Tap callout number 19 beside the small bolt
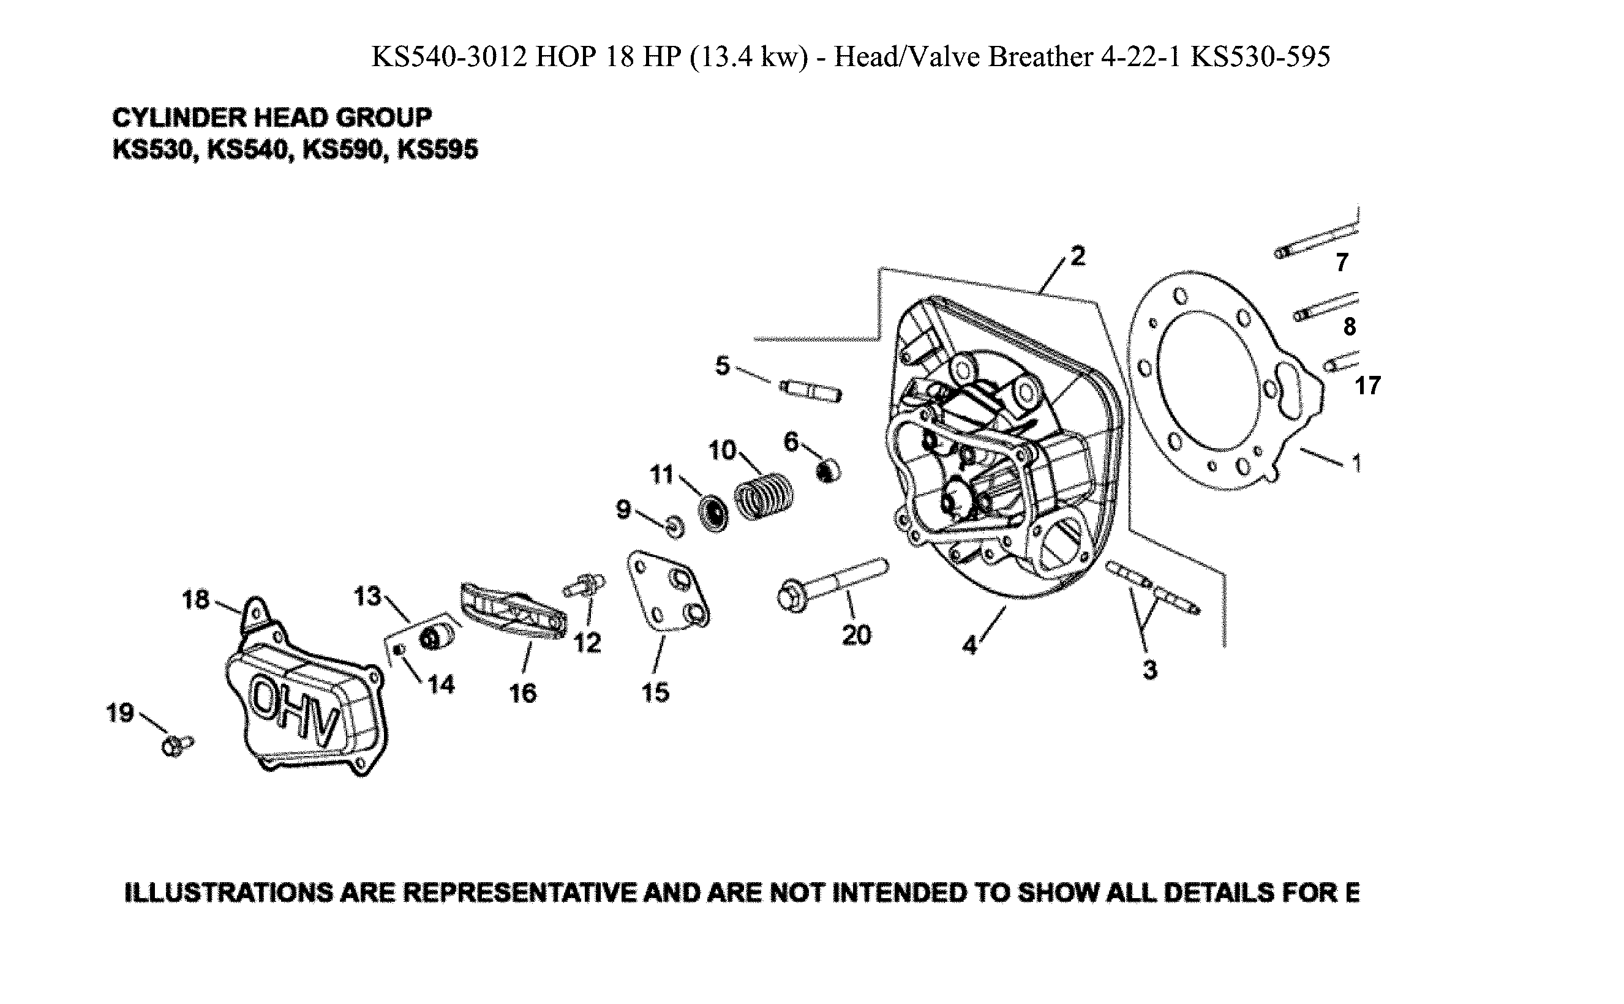coord(120,713)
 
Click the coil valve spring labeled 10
coord(764,496)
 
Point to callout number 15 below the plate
coord(655,692)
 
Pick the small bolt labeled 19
coord(175,746)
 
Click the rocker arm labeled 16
coord(513,610)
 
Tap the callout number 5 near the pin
coord(722,366)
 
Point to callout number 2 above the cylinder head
coord(1077,257)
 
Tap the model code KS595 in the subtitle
coord(437,150)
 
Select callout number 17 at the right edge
coord(1367,386)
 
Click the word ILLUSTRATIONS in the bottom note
coord(228,893)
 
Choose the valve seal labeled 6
coord(827,471)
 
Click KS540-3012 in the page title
coord(448,57)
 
